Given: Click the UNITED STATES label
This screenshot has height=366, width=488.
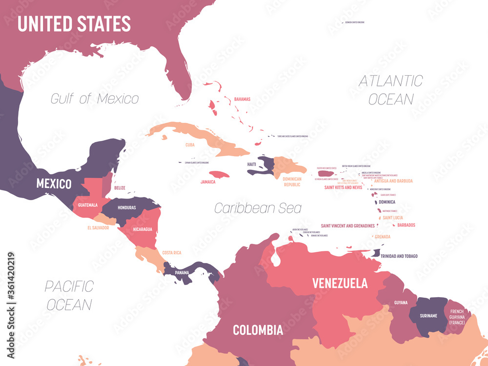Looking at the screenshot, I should [74, 23].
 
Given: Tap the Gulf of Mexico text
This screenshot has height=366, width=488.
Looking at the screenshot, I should [95, 99].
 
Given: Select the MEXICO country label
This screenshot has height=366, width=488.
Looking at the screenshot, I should [54, 184].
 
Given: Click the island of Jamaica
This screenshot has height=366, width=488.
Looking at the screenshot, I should [219, 174].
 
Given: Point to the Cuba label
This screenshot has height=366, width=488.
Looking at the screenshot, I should [190, 145].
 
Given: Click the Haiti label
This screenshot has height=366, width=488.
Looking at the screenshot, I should [251, 164].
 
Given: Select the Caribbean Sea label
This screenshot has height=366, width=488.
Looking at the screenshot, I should [258, 208].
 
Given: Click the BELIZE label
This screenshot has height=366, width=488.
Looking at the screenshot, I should [120, 187].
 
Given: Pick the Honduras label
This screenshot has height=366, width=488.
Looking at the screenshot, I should [126, 207].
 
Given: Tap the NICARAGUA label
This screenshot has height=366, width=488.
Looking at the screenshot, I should [142, 229].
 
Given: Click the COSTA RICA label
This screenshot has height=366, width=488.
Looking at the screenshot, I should [172, 252].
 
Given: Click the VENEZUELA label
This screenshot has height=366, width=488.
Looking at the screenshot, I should [340, 283].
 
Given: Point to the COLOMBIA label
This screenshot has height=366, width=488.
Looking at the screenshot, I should [258, 329].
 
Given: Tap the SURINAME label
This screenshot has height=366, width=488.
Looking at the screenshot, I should [428, 316].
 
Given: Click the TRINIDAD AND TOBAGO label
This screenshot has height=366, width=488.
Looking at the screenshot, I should [400, 256].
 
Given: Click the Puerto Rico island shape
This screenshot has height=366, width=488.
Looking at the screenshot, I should [326, 173].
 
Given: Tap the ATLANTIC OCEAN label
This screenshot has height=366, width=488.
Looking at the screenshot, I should [391, 90].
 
